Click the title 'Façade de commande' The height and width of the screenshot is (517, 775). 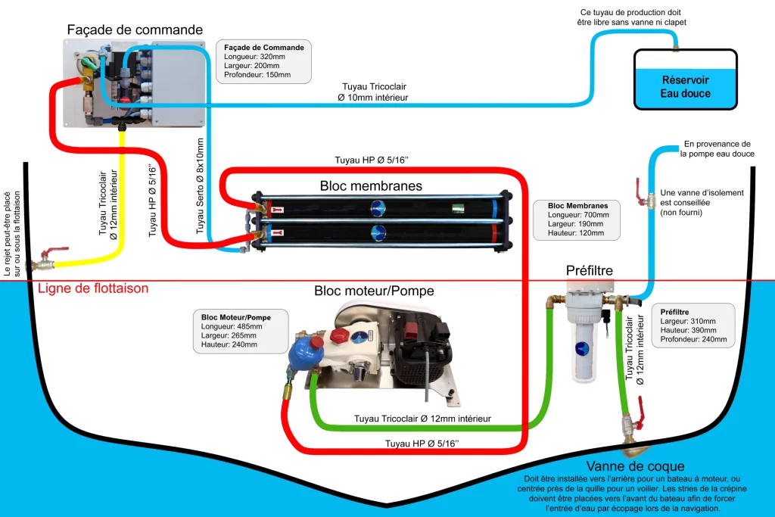click(x=135, y=30)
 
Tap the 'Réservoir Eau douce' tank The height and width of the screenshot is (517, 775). click(x=686, y=79)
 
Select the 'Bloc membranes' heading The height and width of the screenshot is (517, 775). click(x=371, y=186)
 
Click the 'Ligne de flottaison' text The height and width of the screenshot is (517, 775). click(x=93, y=288)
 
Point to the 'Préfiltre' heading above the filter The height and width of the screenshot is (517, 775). click(x=589, y=270)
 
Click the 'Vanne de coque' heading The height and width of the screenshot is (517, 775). click(x=635, y=466)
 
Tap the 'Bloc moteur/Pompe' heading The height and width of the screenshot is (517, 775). click(x=374, y=291)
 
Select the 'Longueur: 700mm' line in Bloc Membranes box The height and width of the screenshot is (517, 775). click(x=578, y=214)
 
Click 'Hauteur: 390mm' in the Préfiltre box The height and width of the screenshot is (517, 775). click(x=688, y=330)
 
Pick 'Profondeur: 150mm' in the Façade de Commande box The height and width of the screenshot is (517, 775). click(x=257, y=75)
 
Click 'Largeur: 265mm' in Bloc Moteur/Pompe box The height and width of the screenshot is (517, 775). click(x=229, y=335)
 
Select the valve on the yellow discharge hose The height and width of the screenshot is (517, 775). click(x=47, y=260)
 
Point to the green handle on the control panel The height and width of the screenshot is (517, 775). click(x=89, y=64)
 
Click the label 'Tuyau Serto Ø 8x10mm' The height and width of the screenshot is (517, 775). click(x=200, y=186)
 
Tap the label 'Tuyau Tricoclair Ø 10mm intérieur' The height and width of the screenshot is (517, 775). click(x=373, y=92)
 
